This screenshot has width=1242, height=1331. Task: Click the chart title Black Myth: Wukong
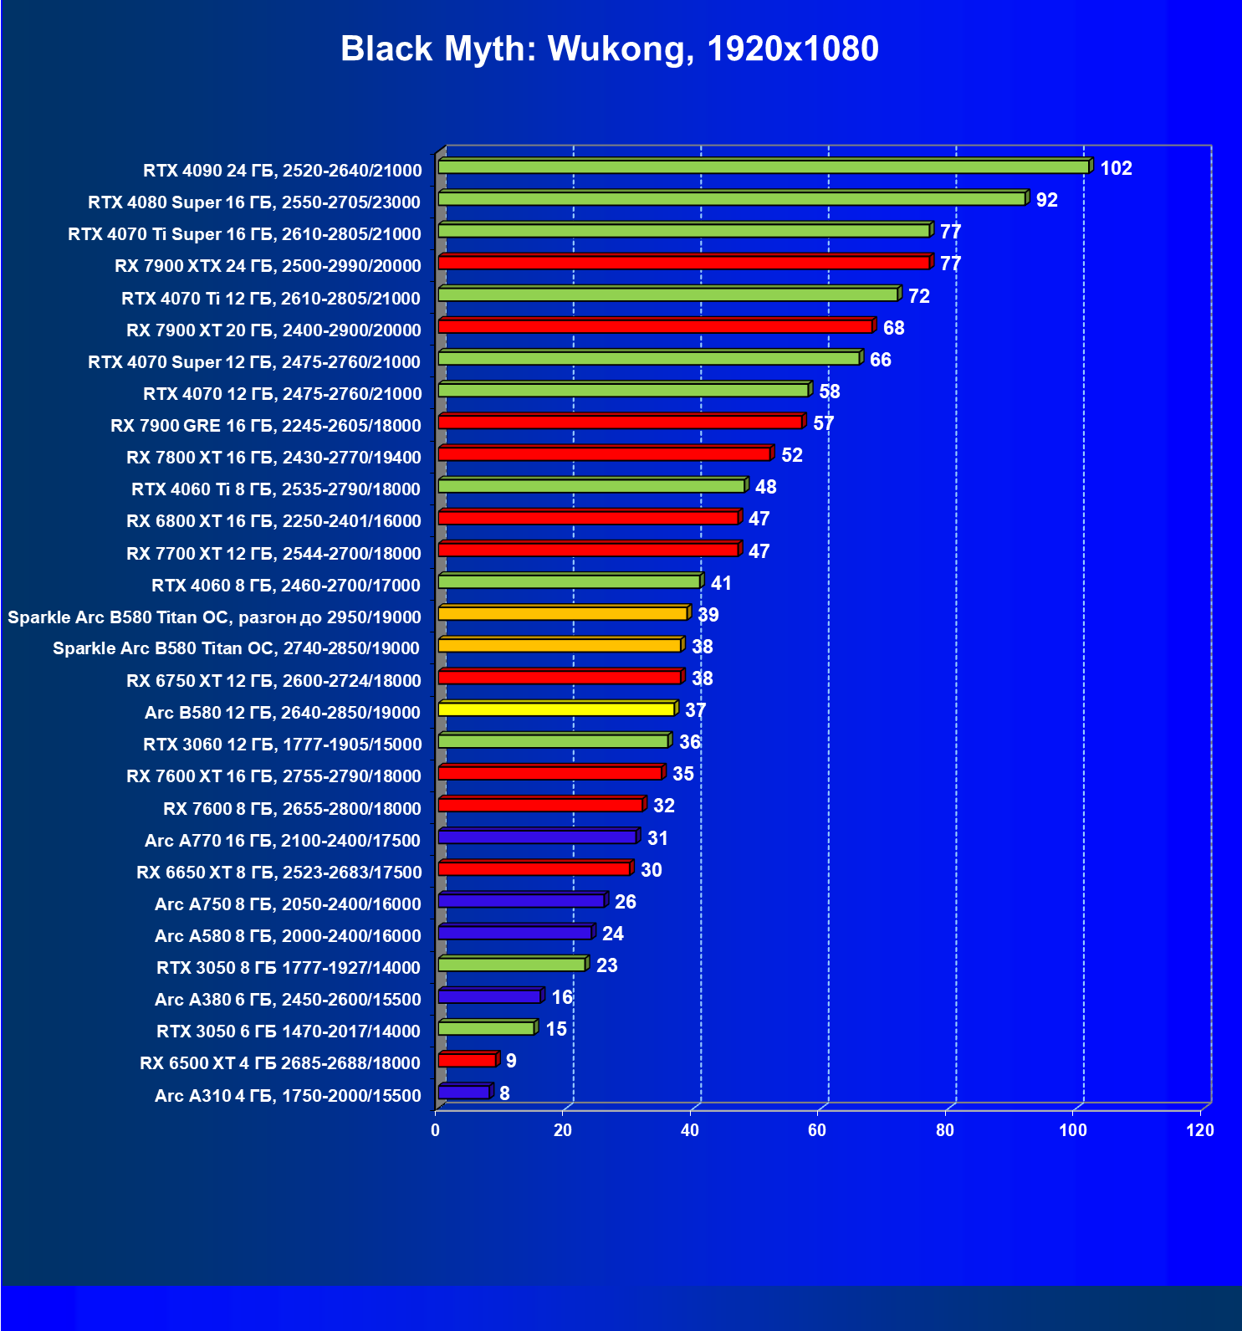tap(609, 49)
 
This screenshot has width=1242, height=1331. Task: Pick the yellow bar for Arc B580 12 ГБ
tap(556, 709)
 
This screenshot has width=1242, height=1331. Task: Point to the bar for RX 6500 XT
tap(467, 1060)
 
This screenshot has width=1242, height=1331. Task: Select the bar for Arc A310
tap(463, 1092)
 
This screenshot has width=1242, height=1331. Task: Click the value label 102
tap(1116, 168)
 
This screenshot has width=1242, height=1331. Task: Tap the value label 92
tap(1046, 200)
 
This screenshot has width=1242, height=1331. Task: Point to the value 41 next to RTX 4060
tap(721, 583)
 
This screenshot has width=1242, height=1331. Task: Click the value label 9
tap(511, 1061)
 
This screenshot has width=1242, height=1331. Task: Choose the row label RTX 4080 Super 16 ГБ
tap(254, 202)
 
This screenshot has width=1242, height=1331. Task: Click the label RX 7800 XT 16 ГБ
tap(273, 458)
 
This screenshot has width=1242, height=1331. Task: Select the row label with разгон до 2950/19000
tap(214, 617)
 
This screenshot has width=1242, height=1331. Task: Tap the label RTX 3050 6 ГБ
tap(289, 1032)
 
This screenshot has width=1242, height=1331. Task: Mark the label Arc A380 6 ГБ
tap(288, 1000)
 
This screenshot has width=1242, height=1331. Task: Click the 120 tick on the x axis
tap(1199, 1130)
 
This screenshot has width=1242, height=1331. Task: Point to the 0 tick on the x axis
tap(435, 1130)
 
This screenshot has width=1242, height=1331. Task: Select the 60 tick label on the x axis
tap(817, 1130)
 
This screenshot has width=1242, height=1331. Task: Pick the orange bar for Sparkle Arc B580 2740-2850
tap(560, 645)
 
